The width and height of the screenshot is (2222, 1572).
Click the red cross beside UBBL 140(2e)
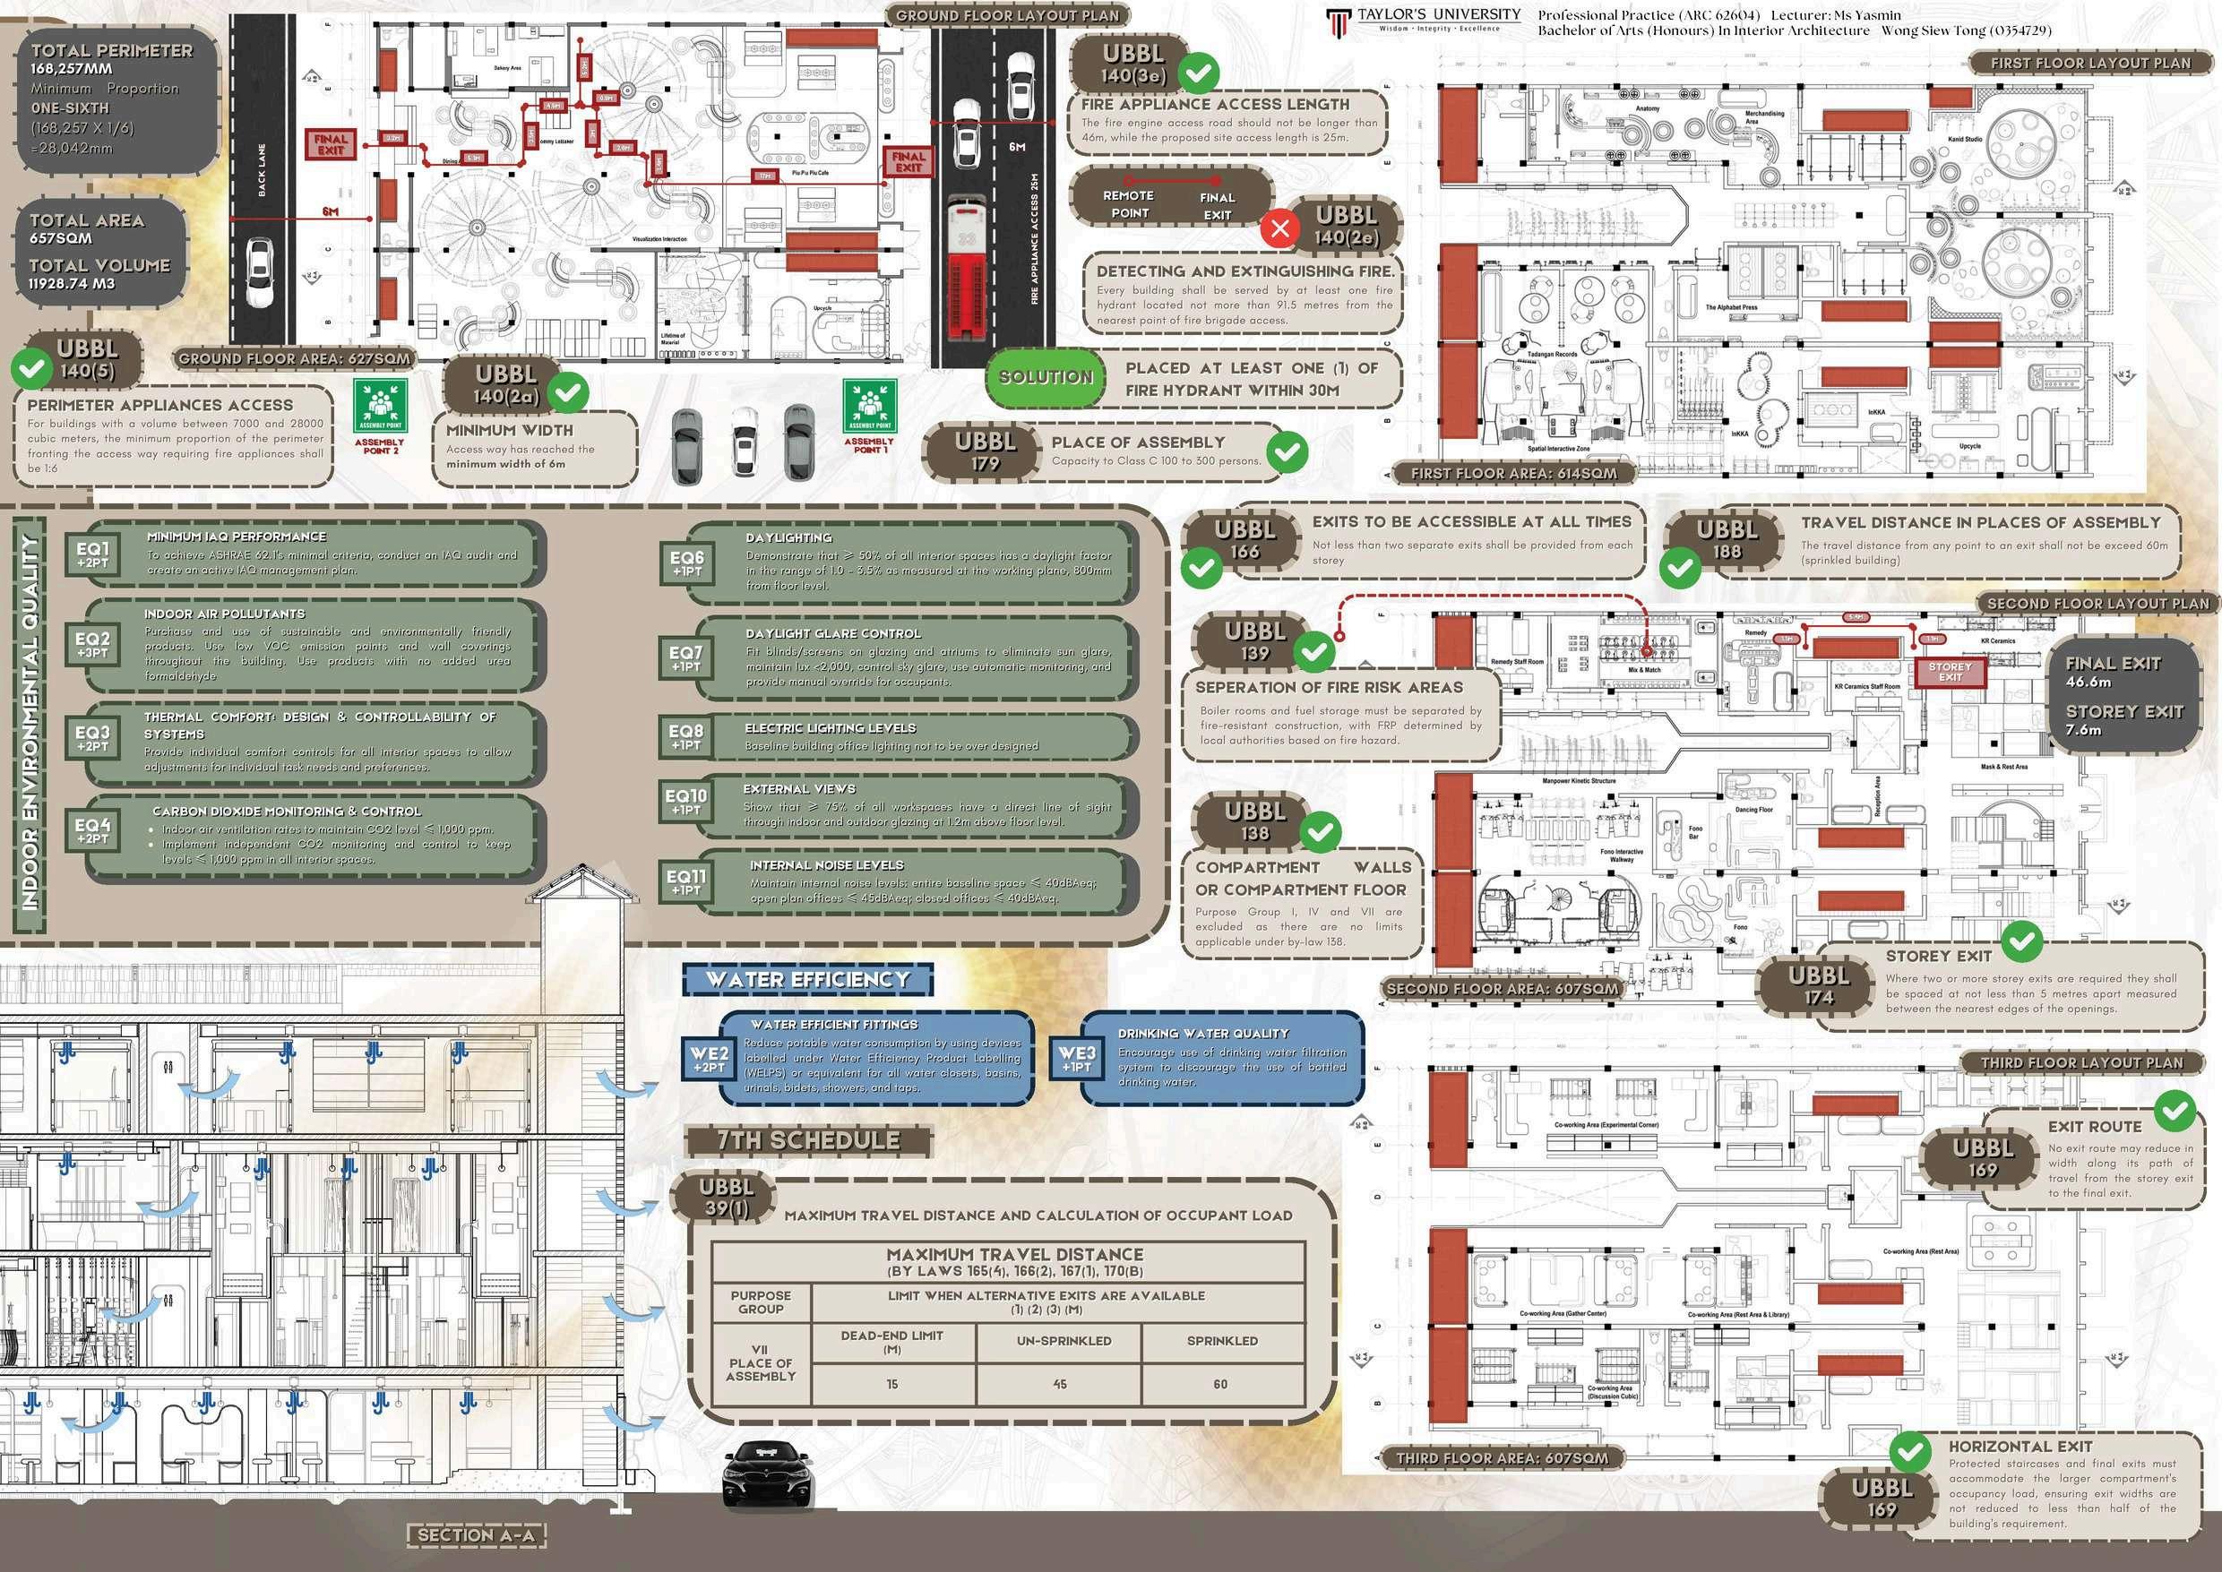[x=1280, y=228]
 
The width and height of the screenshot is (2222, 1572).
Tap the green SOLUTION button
[x=1046, y=377]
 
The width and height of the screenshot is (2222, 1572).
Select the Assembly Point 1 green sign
[x=869, y=407]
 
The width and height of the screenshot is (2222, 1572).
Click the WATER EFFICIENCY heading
[x=807, y=980]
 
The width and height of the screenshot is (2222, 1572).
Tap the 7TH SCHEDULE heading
[x=807, y=1141]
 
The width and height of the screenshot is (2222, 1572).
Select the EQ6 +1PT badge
[x=686, y=563]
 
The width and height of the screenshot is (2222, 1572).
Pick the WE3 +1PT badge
[x=1077, y=1058]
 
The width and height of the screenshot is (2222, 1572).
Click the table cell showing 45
[x=1059, y=1384]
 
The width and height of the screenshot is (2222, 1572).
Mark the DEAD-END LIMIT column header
[x=891, y=1342]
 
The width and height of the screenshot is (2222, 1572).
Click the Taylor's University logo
[x=1338, y=21]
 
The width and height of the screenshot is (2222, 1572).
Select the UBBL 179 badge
[x=986, y=452]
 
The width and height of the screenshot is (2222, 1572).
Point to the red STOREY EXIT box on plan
[x=1949, y=672]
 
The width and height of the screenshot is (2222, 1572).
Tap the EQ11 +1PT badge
[x=686, y=881]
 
